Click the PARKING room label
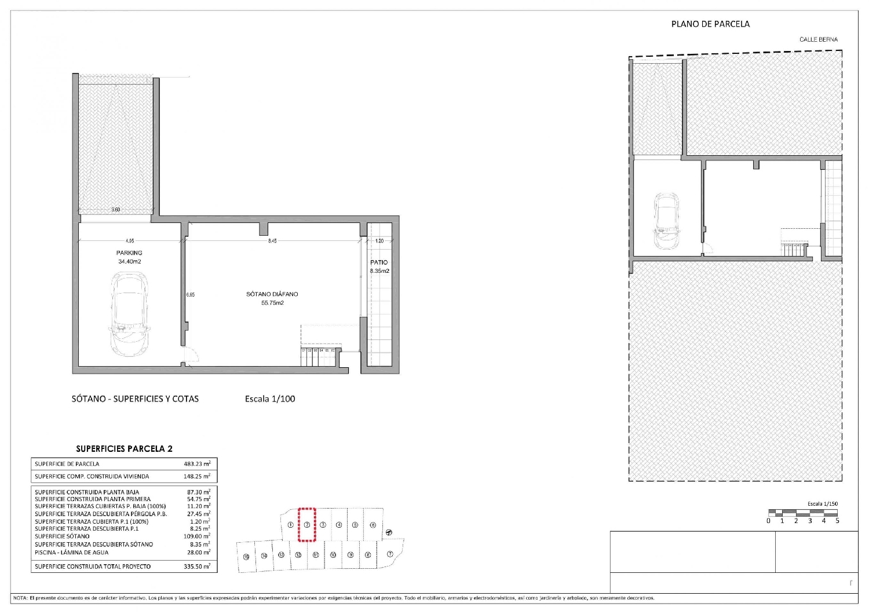pos(129,253)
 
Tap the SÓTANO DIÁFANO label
pos(272,294)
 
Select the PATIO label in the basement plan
pos(379,262)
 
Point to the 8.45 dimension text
pos(272,240)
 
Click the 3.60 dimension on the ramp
pos(116,210)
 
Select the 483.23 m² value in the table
pos(197,464)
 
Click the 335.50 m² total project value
pos(197,567)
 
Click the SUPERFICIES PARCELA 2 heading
pos(124,449)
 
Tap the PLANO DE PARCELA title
pos(710,24)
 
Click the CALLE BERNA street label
pos(818,39)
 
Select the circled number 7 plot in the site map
pos(390,554)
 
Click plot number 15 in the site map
pos(246,557)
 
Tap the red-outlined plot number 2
pos(307,525)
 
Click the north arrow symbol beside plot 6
pos(388,532)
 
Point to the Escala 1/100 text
pos(270,399)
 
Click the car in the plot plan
pos(666,221)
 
